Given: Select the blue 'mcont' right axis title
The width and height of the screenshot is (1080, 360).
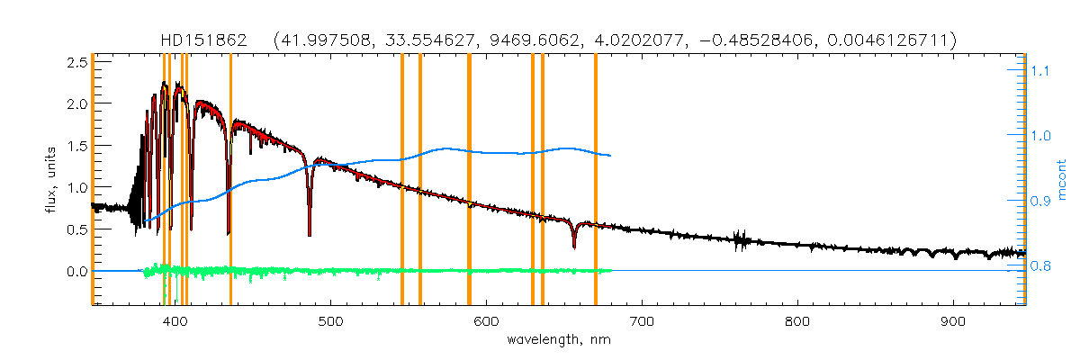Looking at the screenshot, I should pyautogui.click(x=1062, y=180).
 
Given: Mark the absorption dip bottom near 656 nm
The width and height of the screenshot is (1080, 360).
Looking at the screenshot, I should pyautogui.click(x=574, y=245).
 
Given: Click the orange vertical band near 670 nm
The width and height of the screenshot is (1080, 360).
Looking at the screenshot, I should pyautogui.click(x=596, y=180).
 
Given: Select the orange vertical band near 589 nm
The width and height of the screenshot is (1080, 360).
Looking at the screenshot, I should pyautogui.click(x=469, y=180).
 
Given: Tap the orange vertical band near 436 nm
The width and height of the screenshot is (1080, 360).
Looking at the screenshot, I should pyautogui.click(x=230, y=180).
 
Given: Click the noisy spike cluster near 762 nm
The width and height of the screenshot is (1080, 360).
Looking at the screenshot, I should pyautogui.click(x=740, y=238).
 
